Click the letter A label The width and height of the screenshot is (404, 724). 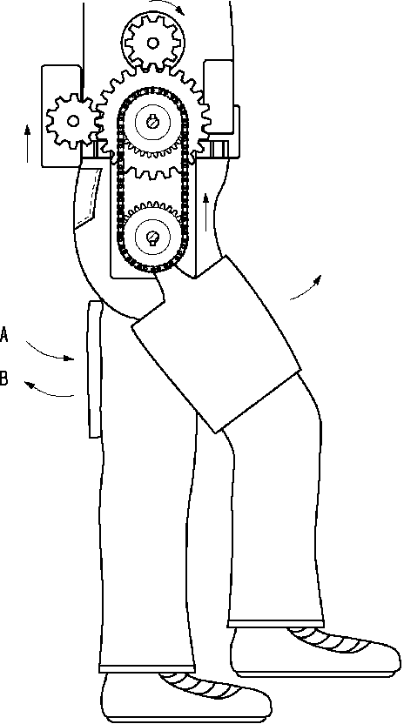[4, 334]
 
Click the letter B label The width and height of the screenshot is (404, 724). [4, 379]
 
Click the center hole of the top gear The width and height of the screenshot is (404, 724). [152, 43]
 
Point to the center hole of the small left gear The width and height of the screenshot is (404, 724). [72, 121]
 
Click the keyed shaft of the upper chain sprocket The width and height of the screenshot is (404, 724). [152, 123]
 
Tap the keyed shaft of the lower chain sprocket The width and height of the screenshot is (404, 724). [152, 237]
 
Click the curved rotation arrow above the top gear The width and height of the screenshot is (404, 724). [167, 5]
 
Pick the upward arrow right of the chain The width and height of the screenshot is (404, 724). [206, 212]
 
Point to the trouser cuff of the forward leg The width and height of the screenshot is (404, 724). [276, 623]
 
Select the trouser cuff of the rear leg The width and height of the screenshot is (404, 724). [147, 668]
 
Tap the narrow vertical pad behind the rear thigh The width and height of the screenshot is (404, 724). [95, 369]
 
